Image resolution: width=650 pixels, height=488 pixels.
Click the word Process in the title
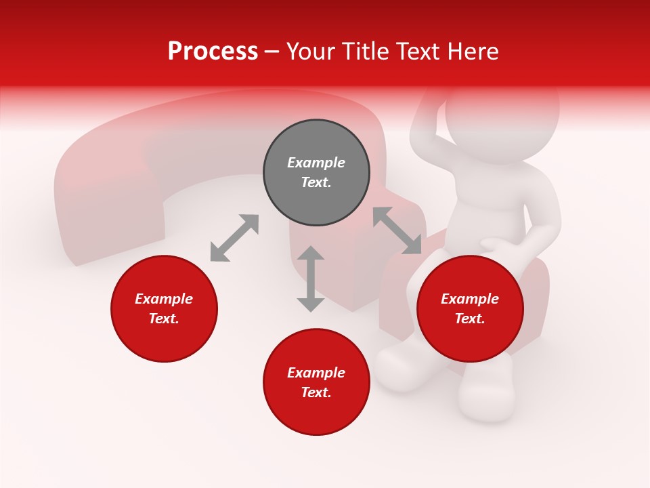[x=213, y=52]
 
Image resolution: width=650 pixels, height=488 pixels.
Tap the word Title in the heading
[x=365, y=52]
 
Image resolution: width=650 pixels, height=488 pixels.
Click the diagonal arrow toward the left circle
[x=234, y=238]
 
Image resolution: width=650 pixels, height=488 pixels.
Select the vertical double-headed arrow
[x=311, y=279]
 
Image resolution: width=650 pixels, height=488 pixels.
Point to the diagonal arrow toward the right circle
[x=397, y=230]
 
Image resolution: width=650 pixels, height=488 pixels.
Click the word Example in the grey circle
[x=316, y=163]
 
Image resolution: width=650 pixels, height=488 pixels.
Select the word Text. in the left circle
[x=164, y=319]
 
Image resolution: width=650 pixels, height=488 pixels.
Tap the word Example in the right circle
[x=470, y=299]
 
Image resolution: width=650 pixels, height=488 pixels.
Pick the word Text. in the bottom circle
[x=316, y=392]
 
